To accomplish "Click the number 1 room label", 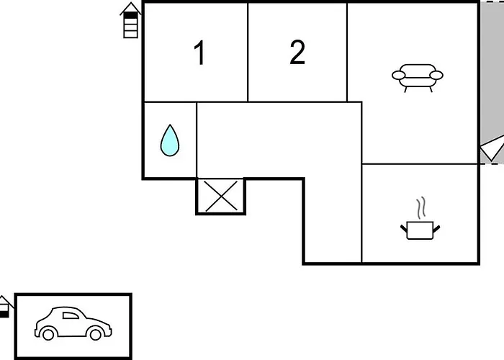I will tap(200, 53).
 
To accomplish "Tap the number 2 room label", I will tap(297, 53).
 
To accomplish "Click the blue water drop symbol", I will tap(169, 140).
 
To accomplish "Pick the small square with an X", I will tap(221, 196).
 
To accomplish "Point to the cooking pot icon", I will tap(420, 230).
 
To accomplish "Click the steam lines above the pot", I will tap(421, 208).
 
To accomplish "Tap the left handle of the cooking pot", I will tap(405, 228).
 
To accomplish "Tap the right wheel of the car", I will tap(95, 333).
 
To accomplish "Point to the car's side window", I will tap(70, 315).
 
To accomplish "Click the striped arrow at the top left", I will tap(130, 20).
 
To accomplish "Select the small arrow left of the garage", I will tap(4, 307).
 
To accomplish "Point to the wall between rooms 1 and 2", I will tap(248, 52).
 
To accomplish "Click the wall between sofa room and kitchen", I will tap(420, 164).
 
